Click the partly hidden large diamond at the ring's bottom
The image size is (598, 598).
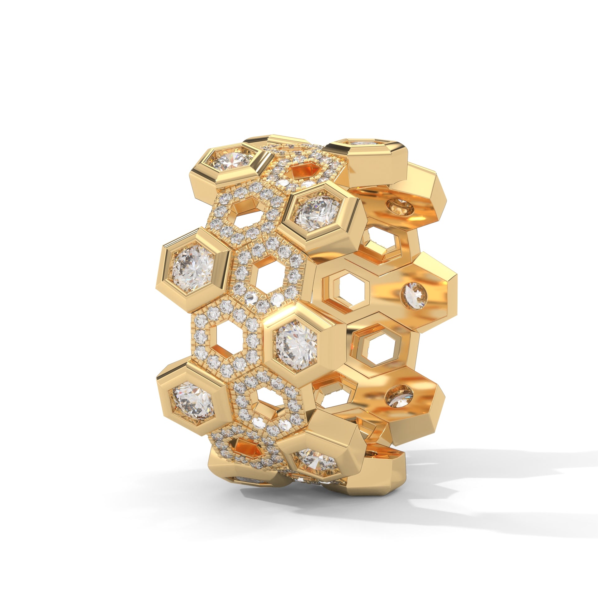click(315, 462)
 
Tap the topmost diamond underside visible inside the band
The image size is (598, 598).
click(400, 206)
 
